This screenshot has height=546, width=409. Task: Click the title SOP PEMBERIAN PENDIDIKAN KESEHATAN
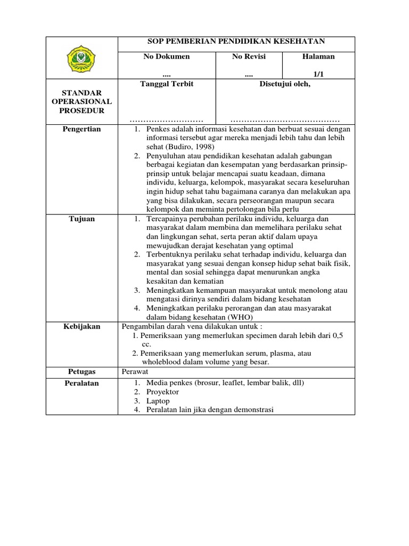[235, 42]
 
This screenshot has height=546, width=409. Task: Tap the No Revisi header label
[249, 57]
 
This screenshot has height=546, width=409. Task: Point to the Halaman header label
[318, 57]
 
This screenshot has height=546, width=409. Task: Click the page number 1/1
[318, 75]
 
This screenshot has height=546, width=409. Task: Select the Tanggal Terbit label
[167, 84]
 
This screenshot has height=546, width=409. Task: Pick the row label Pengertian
[81, 129]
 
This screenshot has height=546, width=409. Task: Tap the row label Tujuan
[81, 219]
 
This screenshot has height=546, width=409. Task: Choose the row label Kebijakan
[81, 326]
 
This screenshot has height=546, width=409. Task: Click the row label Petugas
[81, 372]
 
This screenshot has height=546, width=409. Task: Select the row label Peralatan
[81, 383]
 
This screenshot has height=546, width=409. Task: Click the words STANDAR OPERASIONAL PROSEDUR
[81, 101]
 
